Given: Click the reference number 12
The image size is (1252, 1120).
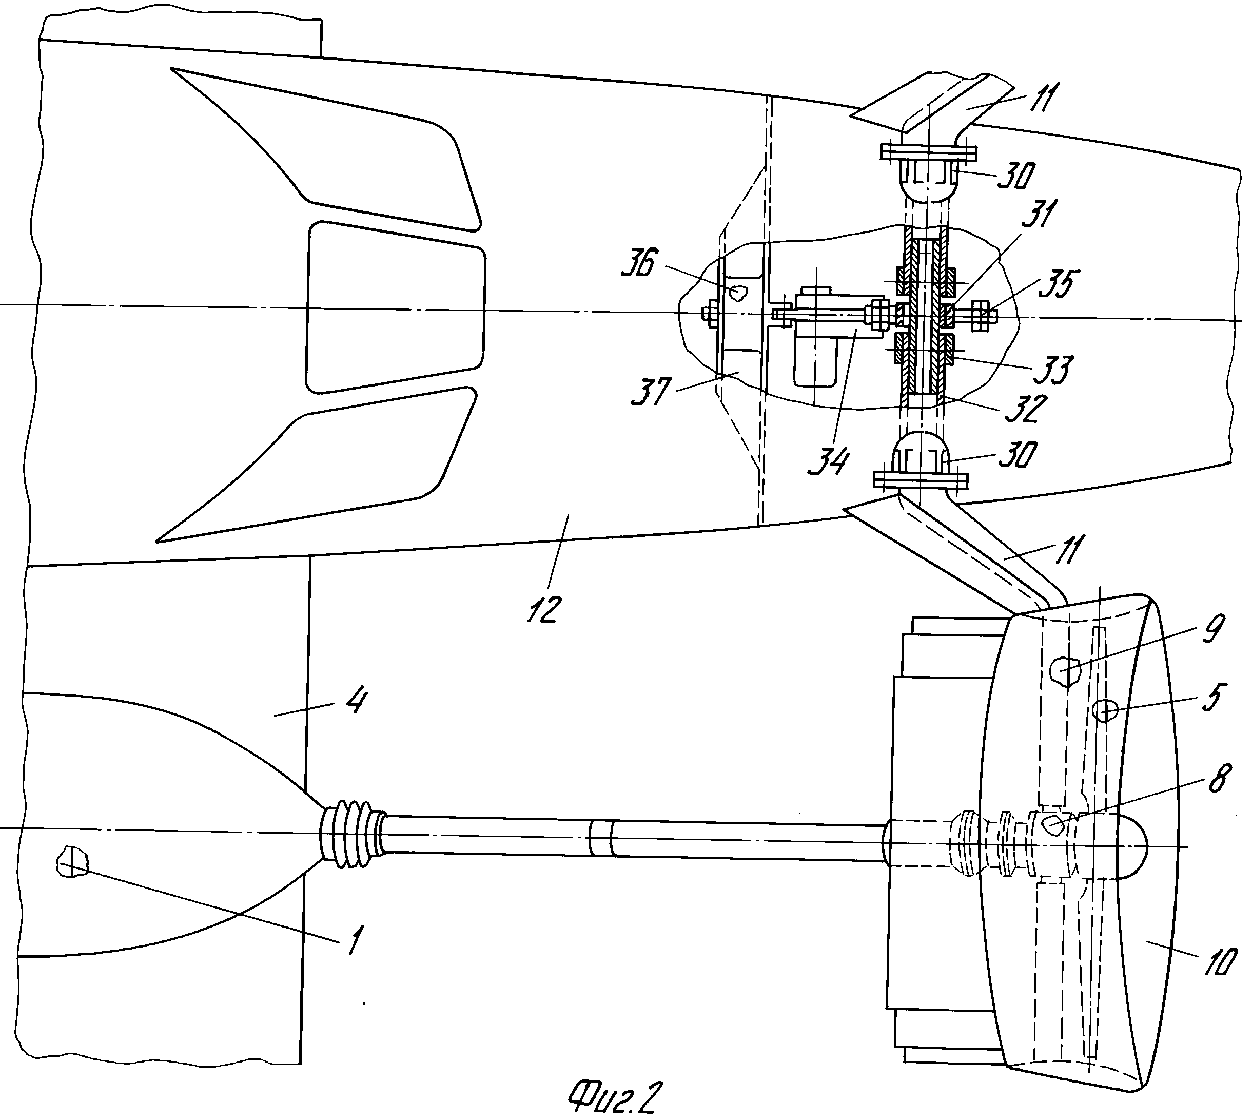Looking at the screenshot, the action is [x=544, y=609].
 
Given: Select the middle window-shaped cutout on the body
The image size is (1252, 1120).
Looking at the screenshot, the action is [x=395, y=306].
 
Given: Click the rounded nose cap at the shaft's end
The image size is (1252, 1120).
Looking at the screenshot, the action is [x=1131, y=845].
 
